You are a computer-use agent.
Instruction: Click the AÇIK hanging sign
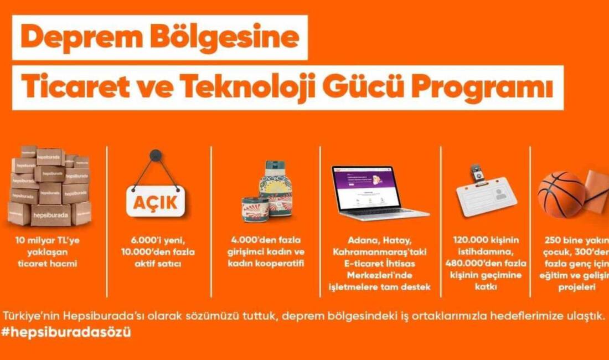pos(156,202)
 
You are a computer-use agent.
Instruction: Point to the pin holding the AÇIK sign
pos(156,156)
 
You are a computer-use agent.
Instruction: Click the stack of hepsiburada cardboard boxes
pos(50,186)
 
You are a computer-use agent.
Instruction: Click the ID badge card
pos(487,196)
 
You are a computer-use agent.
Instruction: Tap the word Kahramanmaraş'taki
pos(379,253)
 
